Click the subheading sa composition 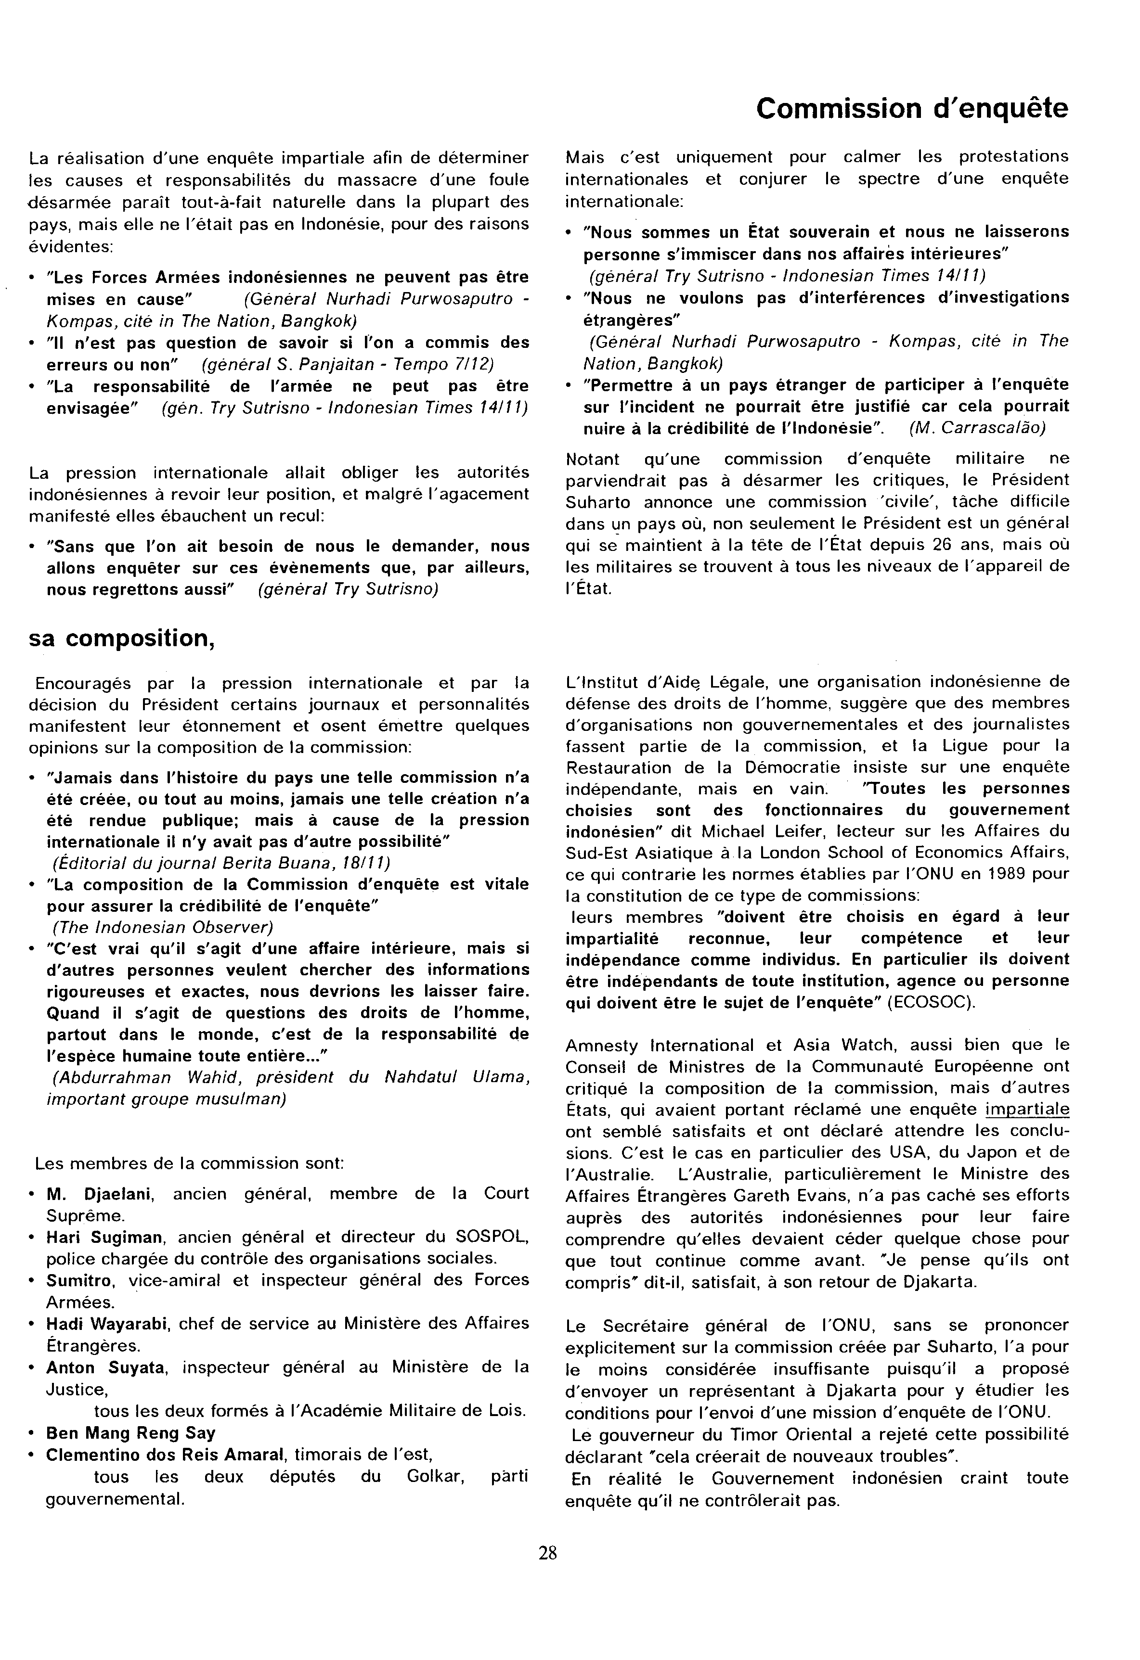coord(121,638)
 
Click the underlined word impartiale coord(1027,1109)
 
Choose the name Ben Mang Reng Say coord(131,1433)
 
